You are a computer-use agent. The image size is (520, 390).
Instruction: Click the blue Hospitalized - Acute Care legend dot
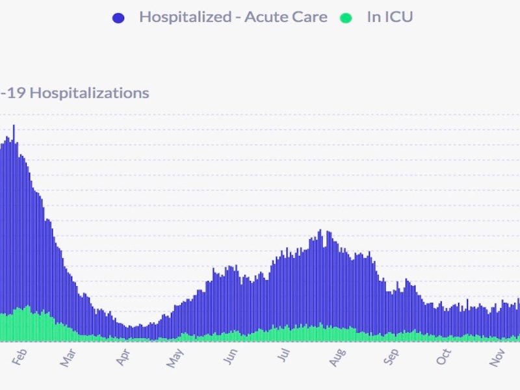pos(118,18)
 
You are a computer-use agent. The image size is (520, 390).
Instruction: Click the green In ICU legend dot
pos(346,18)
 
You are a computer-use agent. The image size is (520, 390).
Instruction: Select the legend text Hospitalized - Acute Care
pos(233,18)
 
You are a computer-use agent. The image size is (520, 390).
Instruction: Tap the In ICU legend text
pos(389,18)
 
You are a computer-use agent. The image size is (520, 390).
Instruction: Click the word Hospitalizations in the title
pos(90,93)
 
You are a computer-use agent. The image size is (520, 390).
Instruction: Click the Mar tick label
pos(69,358)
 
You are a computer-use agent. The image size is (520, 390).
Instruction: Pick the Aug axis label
pos(337,357)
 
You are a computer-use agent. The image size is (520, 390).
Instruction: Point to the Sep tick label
pos(391,357)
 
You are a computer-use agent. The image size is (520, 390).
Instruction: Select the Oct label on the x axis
pos(444,356)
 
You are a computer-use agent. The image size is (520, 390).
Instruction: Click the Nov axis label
pos(498,357)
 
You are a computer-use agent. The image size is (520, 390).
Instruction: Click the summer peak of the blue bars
pos(320,232)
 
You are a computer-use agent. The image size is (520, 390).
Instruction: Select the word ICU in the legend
pos(399,18)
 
